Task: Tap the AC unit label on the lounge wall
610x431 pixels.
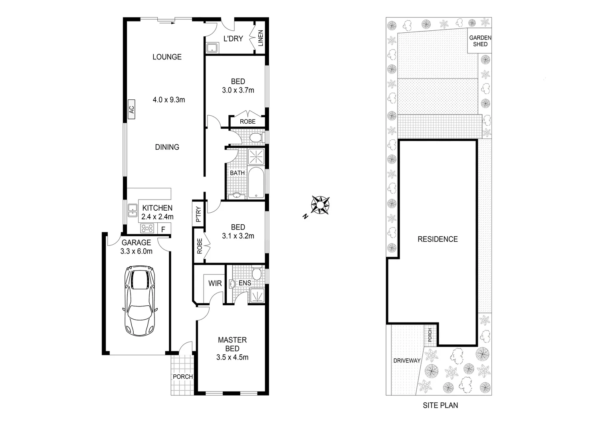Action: (x=131, y=109)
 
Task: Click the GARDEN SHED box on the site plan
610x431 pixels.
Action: (x=480, y=41)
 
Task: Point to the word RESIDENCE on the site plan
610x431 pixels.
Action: (x=438, y=239)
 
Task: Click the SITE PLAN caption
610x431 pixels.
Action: (x=440, y=405)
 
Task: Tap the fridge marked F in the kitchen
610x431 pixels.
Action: (x=163, y=229)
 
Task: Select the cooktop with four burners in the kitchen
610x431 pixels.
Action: (x=147, y=229)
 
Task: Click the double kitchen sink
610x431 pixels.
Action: (x=132, y=210)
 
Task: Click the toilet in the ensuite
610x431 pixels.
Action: (x=257, y=274)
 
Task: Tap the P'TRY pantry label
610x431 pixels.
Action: (x=198, y=214)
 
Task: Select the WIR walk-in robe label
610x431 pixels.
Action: (x=215, y=284)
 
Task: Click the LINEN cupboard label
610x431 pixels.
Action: (x=261, y=38)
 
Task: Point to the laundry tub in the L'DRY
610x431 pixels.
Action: (x=212, y=48)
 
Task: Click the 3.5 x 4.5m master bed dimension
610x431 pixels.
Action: (x=232, y=357)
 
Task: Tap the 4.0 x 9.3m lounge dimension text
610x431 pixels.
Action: (x=169, y=100)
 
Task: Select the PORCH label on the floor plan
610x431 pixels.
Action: (x=182, y=377)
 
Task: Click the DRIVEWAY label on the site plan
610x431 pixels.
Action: (x=407, y=360)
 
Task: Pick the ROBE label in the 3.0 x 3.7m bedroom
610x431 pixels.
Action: (x=248, y=121)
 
